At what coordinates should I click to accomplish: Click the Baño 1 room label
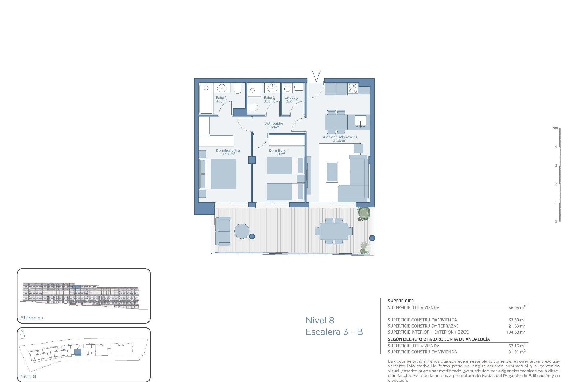[221, 98]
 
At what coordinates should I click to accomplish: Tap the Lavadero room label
[291, 98]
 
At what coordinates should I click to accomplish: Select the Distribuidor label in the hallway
[274, 124]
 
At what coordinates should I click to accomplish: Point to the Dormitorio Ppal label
[228, 151]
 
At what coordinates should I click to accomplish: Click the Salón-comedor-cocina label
[339, 137]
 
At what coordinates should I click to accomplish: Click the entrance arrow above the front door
[316, 76]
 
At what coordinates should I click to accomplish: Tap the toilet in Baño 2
[253, 107]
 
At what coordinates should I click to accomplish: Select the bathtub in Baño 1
[206, 98]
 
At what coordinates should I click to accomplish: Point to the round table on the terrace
[242, 231]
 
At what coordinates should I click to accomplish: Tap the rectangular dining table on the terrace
[334, 231]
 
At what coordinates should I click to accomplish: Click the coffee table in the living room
[332, 172]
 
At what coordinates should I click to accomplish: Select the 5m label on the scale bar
[555, 128]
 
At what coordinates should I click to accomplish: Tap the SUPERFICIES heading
[401, 301]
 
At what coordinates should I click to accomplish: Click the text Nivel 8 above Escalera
[320, 321]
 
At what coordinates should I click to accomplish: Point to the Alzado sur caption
[33, 318]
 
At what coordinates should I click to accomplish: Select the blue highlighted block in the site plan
[78, 352]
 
